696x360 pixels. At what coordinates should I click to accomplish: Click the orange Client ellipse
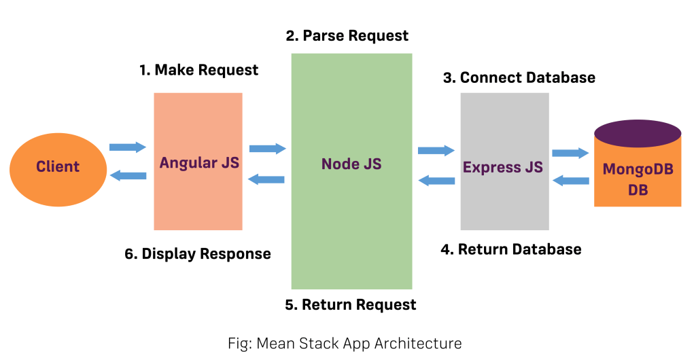tap(58, 167)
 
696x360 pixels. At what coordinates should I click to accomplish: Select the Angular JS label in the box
tap(199, 163)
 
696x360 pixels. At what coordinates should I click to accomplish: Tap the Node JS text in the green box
tap(351, 164)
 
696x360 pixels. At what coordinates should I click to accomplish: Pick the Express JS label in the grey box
tap(503, 167)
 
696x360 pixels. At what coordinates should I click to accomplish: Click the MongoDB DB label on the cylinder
tap(638, 179)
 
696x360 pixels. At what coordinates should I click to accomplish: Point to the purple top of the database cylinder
tap(637, 133)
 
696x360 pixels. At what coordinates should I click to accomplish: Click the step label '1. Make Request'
tap(198, 70)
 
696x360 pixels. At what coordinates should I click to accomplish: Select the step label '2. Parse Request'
tap(347, 35)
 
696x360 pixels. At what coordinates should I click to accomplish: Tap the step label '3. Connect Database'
tap(519, 77)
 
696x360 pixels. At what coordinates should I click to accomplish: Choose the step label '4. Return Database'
tap(511, 249)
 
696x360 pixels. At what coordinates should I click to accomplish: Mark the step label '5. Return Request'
tap(350, 304)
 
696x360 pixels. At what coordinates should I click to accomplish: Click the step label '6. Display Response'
tap(198, 254)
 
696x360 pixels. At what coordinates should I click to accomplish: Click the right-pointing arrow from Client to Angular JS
tap(128, 147)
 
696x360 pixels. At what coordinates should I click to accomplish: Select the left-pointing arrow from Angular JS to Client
tap(128, 176)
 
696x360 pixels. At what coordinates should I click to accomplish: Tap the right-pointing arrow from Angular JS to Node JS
tap(268, 148)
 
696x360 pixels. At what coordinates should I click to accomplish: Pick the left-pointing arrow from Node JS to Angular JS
tap(266, 179)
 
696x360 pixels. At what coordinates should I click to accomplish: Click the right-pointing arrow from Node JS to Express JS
tap(436, 150)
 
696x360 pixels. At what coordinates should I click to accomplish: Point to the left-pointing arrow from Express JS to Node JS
tap(436, 181)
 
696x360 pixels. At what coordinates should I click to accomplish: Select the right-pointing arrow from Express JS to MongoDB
tap(570, 153)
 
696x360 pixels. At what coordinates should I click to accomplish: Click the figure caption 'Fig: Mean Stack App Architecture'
tap(345, 344)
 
